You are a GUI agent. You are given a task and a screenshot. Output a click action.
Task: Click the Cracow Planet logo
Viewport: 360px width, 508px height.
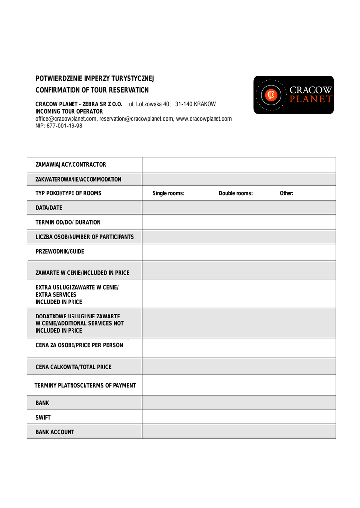point(293,95)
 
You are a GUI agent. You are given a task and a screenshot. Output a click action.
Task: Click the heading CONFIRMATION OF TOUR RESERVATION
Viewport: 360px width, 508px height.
point(92,90)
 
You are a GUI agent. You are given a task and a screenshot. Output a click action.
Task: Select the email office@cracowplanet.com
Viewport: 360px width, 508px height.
point(66,119)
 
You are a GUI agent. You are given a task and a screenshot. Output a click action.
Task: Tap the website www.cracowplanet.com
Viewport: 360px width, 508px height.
point(204,119)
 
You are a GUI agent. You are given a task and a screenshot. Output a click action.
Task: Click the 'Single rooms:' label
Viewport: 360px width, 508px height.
point(168,193)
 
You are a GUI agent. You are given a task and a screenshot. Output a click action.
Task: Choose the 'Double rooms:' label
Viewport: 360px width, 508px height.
point(235,193)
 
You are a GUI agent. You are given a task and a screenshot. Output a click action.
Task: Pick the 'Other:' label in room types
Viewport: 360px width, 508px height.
point(287,193)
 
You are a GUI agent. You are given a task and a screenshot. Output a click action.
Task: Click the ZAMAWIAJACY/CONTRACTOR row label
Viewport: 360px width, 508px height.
point(71,165)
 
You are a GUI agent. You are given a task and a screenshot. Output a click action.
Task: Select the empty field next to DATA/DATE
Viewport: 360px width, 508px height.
point(238,208)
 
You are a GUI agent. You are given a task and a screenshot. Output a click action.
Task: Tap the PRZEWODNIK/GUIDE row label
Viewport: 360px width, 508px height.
point(60,252)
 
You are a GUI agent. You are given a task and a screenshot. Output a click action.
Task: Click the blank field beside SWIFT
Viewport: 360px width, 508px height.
point(238,417)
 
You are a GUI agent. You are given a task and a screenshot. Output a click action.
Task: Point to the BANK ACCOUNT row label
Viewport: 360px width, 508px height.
point(55,432)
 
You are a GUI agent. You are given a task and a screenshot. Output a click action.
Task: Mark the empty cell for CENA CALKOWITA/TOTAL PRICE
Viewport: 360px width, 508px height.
point(238,367)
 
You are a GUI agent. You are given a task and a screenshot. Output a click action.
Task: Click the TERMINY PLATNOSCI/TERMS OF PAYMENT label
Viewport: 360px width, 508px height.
point(85,385)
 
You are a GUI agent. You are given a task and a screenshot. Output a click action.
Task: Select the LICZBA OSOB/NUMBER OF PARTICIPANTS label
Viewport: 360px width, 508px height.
point(84,237)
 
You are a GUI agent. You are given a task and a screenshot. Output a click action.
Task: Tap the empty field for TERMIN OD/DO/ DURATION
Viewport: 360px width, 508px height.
point(238,222)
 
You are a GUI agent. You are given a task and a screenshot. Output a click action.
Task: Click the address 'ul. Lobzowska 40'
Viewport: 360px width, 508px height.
point(150,104)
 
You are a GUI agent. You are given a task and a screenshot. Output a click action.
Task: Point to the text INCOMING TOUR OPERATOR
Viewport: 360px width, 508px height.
point(69,112)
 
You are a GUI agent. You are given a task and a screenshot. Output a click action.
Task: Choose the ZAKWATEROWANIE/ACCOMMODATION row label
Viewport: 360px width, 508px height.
point(78,179)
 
